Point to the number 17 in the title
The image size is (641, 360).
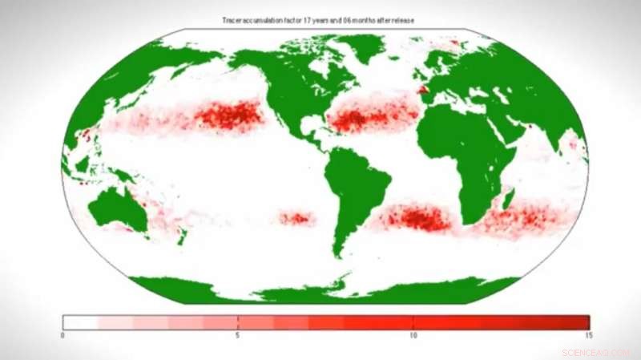[306, 19]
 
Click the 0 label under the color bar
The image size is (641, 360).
[62, 335]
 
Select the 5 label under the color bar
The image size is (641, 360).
[238, 335]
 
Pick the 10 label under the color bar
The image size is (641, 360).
[413, 335]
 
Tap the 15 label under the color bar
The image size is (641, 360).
[588, 335]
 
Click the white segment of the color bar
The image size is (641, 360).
[80, 322]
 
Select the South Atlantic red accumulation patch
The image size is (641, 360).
[417, 217]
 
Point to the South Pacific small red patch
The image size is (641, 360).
[296, 217]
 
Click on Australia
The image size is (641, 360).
[117, 209]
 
